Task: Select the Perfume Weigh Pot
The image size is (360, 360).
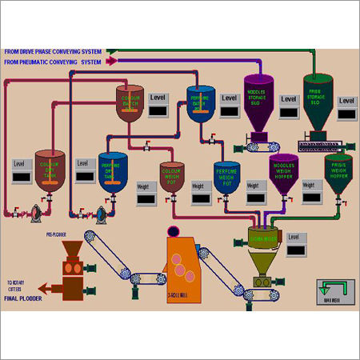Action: coord(227,178)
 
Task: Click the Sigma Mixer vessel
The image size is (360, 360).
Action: coord(265,239)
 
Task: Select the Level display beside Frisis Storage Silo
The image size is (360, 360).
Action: coord(346,114)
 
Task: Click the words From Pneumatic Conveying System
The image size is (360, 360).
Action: coord(53,61)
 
